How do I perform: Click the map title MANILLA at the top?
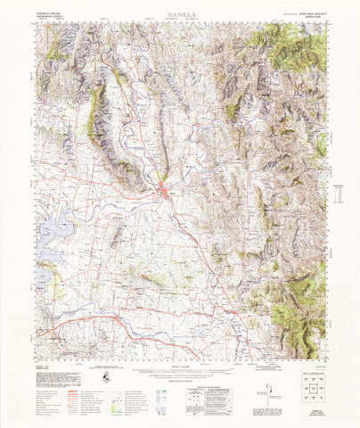coord(181,15)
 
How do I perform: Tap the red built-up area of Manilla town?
coord(166,188)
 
